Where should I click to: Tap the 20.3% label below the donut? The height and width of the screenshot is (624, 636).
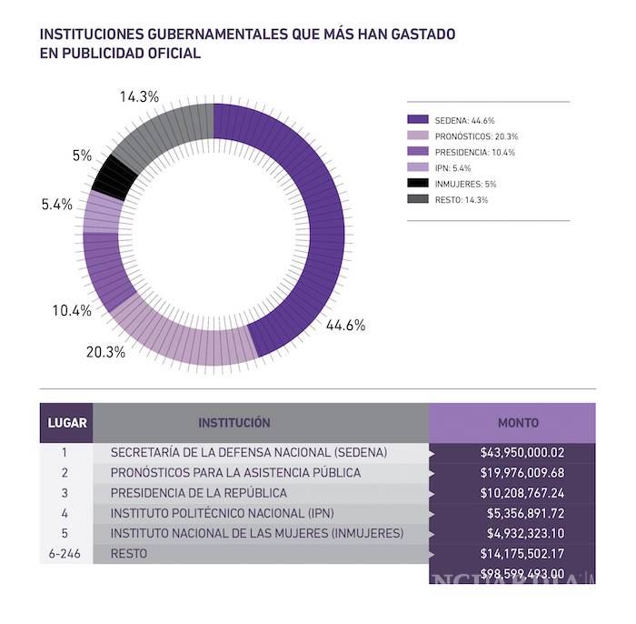point(105,352)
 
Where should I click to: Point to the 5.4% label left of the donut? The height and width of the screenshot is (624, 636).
point(56,205)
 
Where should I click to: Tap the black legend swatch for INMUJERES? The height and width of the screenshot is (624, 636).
point(418,184)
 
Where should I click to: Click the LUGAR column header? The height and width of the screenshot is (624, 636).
point(65,423)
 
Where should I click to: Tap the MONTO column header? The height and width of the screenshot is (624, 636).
point(518,423)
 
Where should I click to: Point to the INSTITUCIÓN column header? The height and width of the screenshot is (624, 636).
point(234,423)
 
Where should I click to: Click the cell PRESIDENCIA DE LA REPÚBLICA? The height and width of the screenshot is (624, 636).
point(198,493)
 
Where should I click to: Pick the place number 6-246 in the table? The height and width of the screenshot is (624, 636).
point(65,553)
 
